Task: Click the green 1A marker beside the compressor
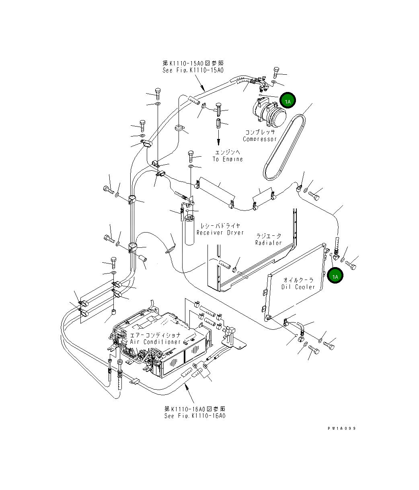[288, 101]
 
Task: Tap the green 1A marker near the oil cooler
[335, 276]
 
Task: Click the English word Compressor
[260, 139]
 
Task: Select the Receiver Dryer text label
[220, 233]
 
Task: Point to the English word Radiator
[268, 243]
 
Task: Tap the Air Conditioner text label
[156, 341]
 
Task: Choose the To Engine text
[228, 159]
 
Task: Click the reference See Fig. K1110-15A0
[193, 70]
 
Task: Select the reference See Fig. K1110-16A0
[195, 416]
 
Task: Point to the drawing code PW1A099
[341, 428]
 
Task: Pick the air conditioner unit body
[173, 341]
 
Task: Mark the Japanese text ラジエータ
[269, 236]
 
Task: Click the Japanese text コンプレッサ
[260, 132]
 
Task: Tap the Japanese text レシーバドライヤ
[220, 226]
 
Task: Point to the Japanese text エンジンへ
[228, 152]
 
